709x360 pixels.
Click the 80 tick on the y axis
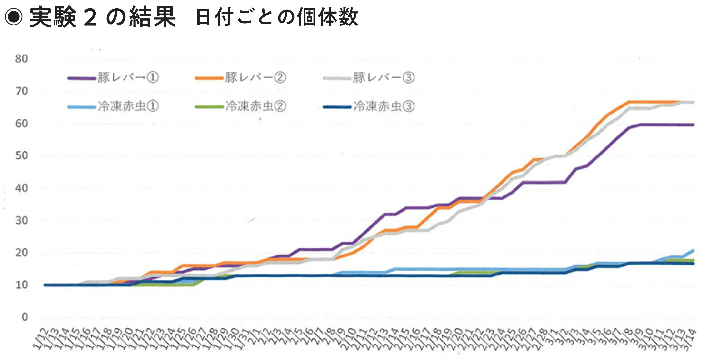(x=22, y=59)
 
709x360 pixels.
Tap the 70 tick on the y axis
(x=22, y=91)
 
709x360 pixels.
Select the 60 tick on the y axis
(x=22, y=123)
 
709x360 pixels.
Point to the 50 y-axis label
(x=22, y=155)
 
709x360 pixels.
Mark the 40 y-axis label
(x=22, y=188)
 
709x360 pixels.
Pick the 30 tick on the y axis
(x=22, y=221)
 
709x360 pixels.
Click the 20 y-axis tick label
(x=22, y=253)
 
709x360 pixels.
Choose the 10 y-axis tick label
(x=22, y=285)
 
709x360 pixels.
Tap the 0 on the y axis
(x=25, y=317)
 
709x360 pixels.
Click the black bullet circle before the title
(x=14, y=17)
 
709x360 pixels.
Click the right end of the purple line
(x=693, y=125)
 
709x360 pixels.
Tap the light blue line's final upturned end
(x=693, y=250)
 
